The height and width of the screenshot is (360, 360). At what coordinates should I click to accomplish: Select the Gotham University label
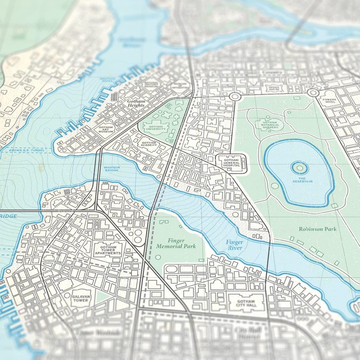click(x=155, y=127)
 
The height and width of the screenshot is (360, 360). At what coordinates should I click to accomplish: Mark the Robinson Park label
click(x=317, y=229)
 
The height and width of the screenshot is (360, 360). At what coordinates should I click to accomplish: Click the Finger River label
click(x=234, y=245)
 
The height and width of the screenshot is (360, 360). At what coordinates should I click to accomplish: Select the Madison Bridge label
click(x=112, y=169)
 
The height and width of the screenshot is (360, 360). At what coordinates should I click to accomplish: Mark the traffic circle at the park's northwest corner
click(x=234, y=97)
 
